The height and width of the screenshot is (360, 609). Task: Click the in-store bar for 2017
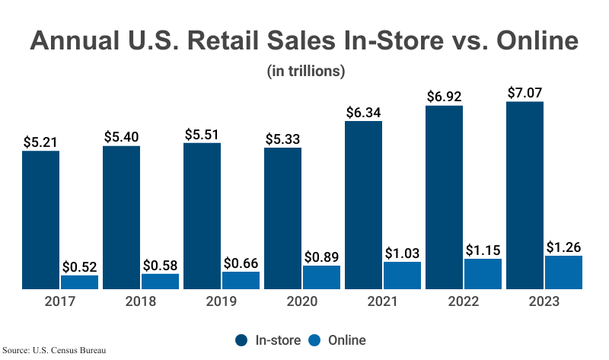point(40,220)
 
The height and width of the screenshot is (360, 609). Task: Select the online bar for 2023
point(563,272)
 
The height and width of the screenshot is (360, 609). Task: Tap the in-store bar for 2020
point(282,218)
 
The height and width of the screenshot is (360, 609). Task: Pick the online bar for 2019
point(241,280)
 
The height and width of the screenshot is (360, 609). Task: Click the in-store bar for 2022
point(444,197)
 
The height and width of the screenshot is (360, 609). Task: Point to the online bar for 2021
point(403,276)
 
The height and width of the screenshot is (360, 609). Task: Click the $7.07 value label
point(525,93)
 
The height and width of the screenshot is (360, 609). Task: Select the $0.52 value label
point(80,266)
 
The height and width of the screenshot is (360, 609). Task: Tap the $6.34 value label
point(363,112)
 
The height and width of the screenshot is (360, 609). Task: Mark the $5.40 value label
point(121,137)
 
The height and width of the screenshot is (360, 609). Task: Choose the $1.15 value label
point(483,250)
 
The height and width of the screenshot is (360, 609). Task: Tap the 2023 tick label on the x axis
point(544,301)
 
